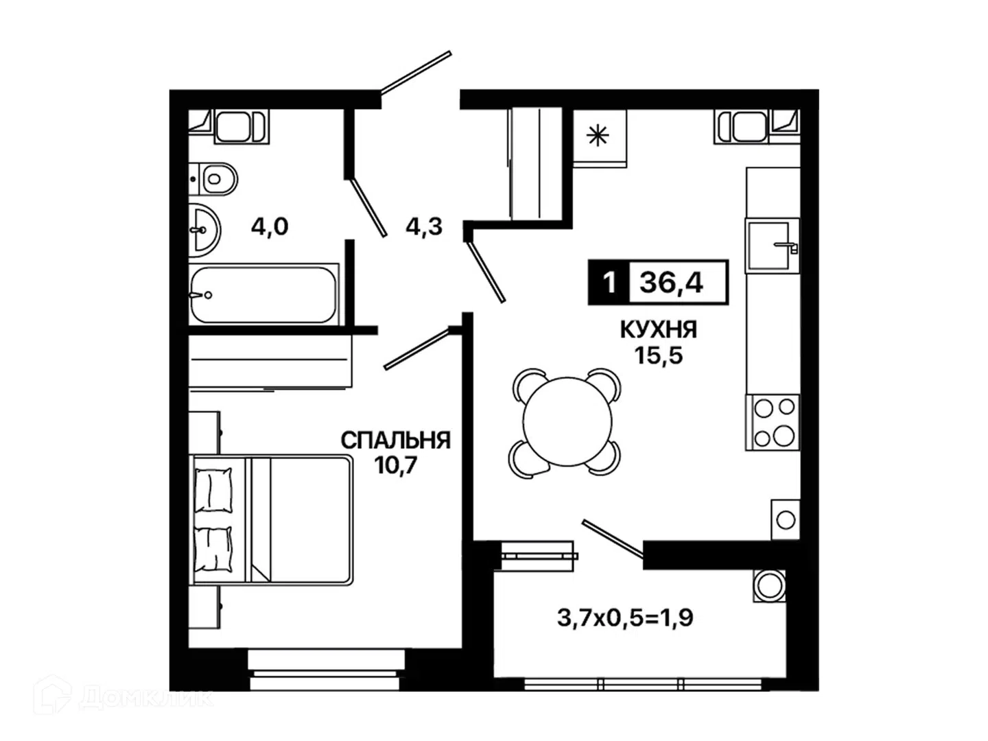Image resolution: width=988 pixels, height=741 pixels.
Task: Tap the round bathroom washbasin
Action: pyautogui.click(x=204, y=231)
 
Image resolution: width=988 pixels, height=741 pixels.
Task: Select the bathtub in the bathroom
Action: pyautogui.click(x=263, y=295)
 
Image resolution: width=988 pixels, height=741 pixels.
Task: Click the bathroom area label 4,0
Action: pyautogui.click(x=270, y=226)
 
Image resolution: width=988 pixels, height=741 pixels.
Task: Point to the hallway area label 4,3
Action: pyautogui.click(x=424, y=226)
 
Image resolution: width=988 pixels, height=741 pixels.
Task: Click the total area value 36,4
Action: pyautogui.click(x=671, y=283)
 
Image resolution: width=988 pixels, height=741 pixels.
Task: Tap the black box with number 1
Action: pyautogui.click(x=609, y=283)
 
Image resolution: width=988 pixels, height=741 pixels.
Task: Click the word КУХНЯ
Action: pyautogui.click(x=659, y=329)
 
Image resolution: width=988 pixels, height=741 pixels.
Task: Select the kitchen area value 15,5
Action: pyautogui.click(x=659, y=355)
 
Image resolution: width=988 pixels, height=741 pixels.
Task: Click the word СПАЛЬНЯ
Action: pyautogui.click(x=396, y=440)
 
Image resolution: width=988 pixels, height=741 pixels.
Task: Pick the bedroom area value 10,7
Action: pyautogui.click(x=396, y=466)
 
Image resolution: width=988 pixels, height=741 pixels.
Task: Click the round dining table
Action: pyautogui.click(x=567, y=421)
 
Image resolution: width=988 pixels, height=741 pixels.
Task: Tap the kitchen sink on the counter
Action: pyautogui.click(x=773, y=246)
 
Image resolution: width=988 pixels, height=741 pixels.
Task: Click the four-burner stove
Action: pyautogui.click(x=773, y=422)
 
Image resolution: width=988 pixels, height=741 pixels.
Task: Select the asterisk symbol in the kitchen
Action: pyautogui.click(x=598, y=136)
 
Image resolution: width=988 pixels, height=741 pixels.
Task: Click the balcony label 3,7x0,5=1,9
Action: pyautogui.click(x=625, y=618)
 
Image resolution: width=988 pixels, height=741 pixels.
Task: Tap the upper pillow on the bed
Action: pyautogui.click(x=213, y=490)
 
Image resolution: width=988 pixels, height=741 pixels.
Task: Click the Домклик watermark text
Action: pyautogui.click(x=146, y=698)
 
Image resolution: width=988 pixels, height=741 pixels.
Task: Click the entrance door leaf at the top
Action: pyautogui.click(x=416, y=73)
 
